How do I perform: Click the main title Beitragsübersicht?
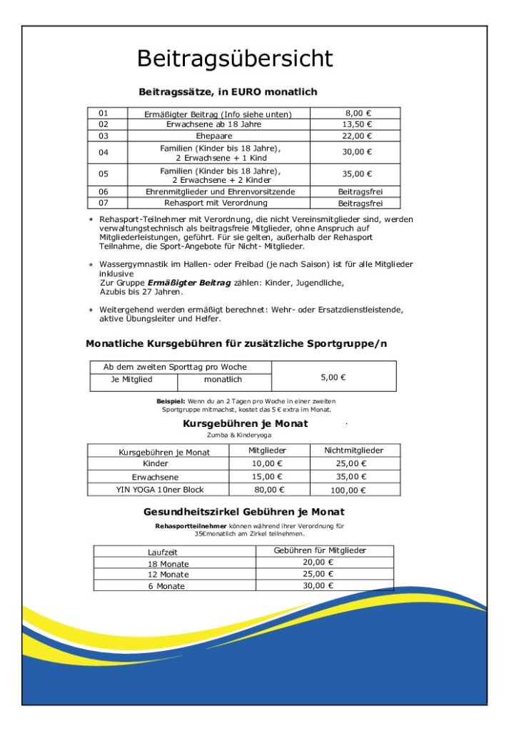[235, 58]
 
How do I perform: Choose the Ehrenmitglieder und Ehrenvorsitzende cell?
[220, 191]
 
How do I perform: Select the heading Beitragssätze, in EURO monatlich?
[228, 92]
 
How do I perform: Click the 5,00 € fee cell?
[333, 376]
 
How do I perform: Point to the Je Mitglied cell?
[131, 380]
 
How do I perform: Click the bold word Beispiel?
[171, 401]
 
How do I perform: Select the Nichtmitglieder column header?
[354, 450]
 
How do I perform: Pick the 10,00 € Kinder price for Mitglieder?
[268, 463]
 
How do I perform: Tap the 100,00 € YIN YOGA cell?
[354, 490]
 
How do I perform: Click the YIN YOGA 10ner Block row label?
[160, 489]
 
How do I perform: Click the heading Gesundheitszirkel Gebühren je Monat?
[243, 512]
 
